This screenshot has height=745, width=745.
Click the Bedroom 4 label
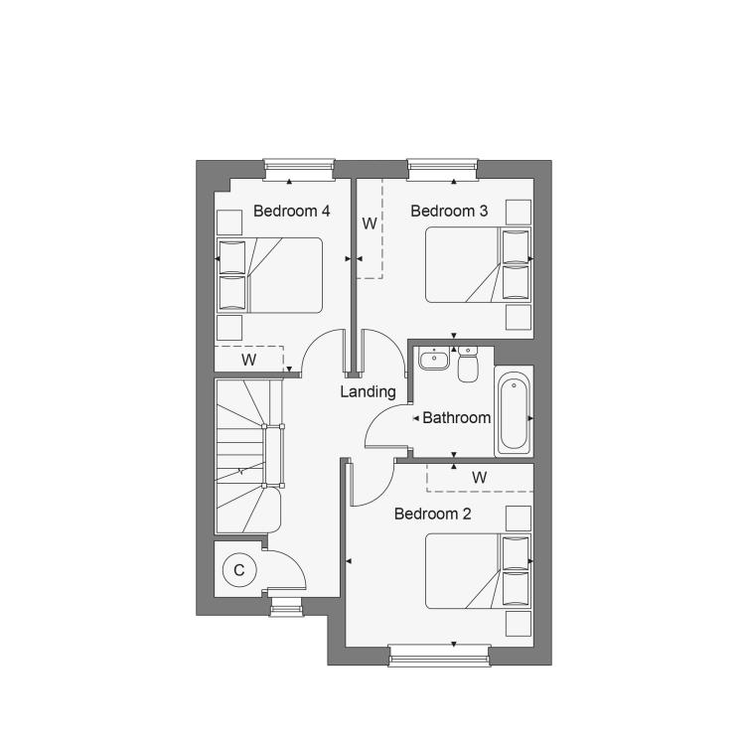[291, 211]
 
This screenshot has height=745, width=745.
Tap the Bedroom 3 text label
[449, 211]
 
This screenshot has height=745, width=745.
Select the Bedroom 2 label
[433, 514]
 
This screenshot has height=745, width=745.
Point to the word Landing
[369, 392]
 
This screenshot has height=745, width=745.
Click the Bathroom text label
[457, 417]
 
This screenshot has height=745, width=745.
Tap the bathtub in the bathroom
[515, 412]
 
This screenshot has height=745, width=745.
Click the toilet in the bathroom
[468, 364]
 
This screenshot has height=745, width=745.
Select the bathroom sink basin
[434, 359]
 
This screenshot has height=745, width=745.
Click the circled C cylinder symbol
[239, 570]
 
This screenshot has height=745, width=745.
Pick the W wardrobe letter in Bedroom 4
[248, 360]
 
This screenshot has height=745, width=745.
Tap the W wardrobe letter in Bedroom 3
[370, 223]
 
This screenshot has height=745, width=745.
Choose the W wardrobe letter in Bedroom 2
[479, 477]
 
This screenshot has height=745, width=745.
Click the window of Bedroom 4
[299, 169]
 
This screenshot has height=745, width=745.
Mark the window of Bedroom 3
[442, 169]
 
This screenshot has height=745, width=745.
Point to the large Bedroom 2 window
[439, 655]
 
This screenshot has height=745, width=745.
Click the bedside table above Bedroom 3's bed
[519, 212]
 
